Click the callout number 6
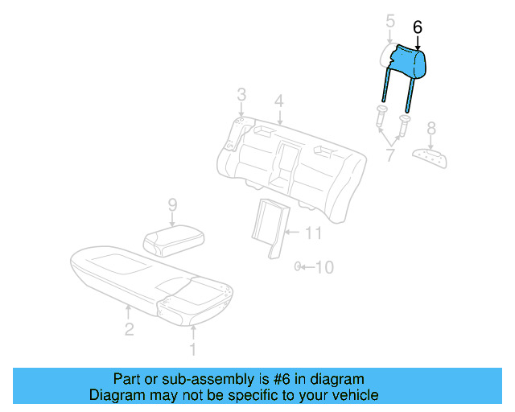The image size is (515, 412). [x=417, y=27]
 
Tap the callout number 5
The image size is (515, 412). [x=389, y=20]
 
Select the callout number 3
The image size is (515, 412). [x=241, y=97]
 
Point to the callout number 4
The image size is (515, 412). [x=278, y=101]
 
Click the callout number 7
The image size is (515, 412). [x=389, y=154]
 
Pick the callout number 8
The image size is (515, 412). [x=431, y=127]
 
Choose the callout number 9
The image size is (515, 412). [x=171, y=206]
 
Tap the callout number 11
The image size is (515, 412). [x=315, y=233]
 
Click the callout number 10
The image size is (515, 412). [x=323, y=266]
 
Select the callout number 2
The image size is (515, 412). [x=129, y=328]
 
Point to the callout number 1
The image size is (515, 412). [x=192, y=348]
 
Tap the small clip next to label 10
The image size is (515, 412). [x=298, y=266]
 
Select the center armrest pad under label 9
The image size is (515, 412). [x=172, y=239]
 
